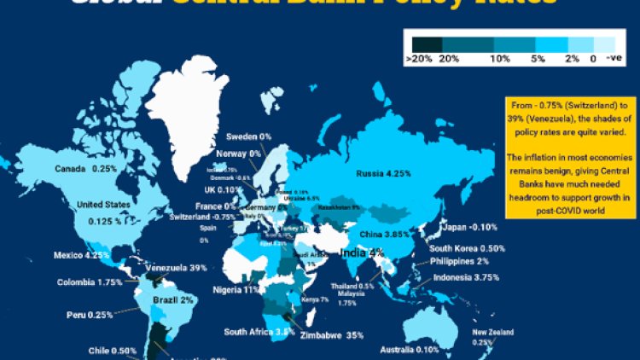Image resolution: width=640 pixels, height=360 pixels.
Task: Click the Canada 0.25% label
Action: pos(86,169)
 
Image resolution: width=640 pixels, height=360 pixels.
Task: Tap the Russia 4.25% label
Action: pos(384,174)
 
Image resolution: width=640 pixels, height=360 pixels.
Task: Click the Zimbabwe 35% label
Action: pos(332,335)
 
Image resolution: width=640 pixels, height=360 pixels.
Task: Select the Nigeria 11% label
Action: pos(238,289)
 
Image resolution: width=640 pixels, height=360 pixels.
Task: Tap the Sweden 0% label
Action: pos(248,137)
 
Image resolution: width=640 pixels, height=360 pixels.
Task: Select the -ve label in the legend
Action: pos(613,58)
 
